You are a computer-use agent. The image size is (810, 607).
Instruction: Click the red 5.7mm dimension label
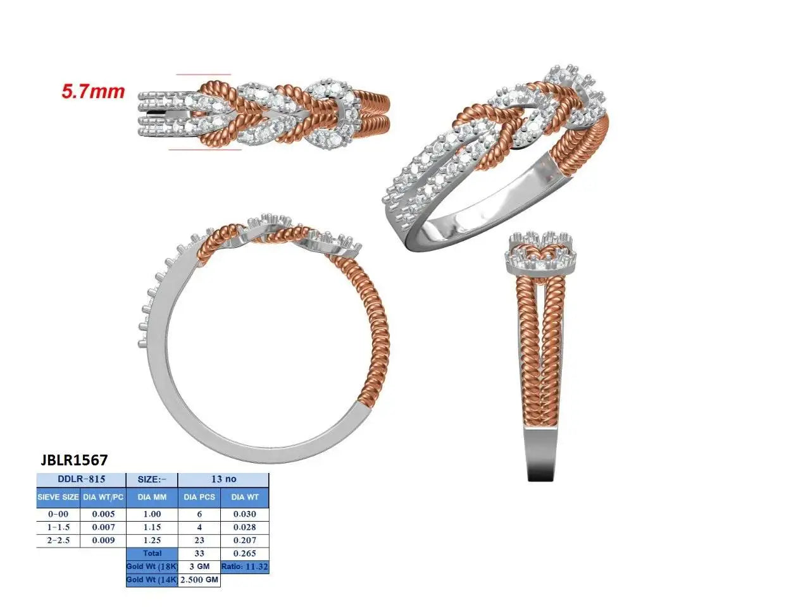tap(93, 91)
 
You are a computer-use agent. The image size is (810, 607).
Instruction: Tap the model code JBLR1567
tap(74, 460)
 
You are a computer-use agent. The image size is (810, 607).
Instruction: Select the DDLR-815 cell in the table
tap(81, 479)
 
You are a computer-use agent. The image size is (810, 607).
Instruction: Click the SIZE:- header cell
tap(152, 479)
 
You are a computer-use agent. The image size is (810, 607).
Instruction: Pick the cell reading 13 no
tap(223, 479)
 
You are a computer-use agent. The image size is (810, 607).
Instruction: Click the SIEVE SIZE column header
tap(58, 497)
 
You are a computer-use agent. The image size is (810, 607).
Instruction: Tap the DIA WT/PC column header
tap(103, 497)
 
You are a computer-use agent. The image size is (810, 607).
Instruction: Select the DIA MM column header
tap(152, 497)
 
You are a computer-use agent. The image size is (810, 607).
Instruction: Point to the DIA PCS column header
tap(199, 497)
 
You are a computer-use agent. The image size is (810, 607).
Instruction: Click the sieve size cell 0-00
tap(58, 514)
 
